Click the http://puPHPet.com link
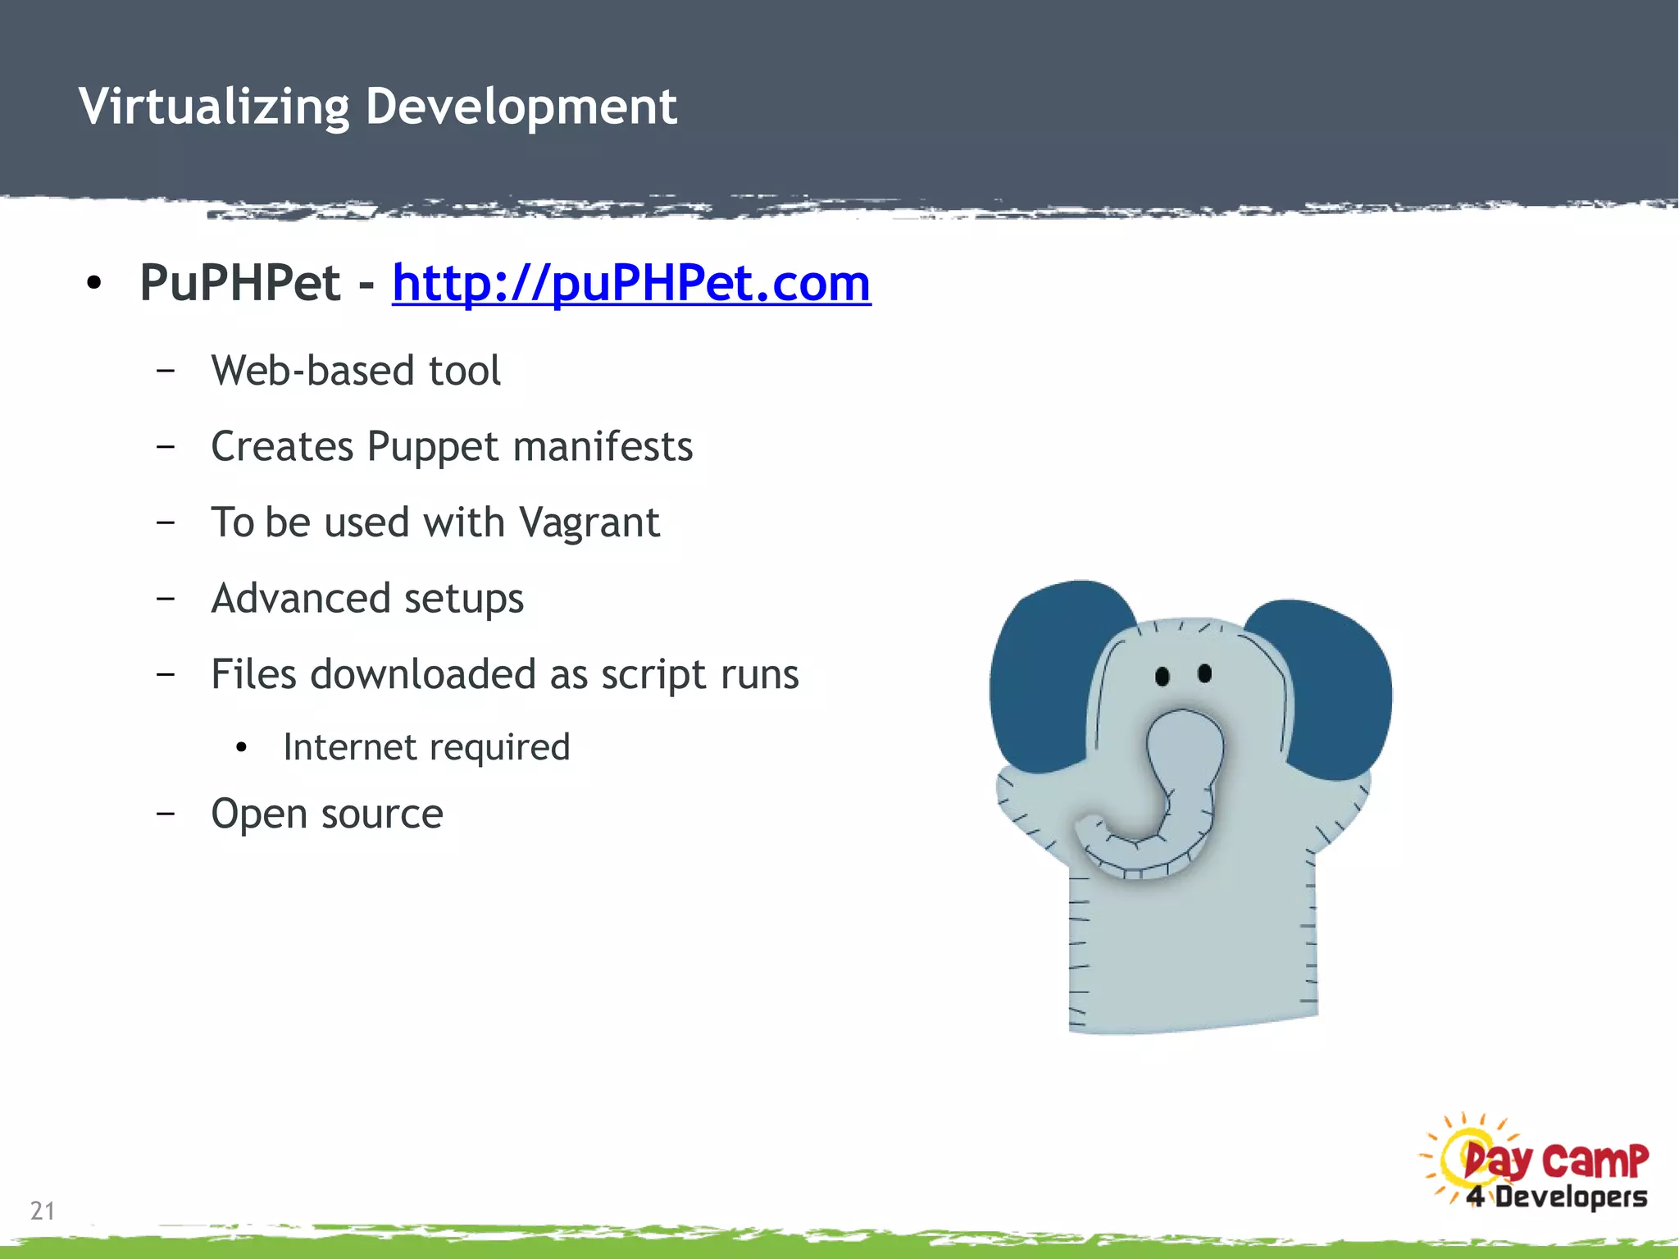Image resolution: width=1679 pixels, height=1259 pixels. [x=631, y=283]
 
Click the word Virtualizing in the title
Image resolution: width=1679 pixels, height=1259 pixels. [x=214, y=107]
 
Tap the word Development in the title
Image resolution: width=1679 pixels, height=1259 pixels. [x=521, y=107]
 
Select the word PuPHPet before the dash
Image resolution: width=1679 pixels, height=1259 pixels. [x=239, y=283]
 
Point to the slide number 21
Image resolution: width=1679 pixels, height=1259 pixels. [x=43, y=1211]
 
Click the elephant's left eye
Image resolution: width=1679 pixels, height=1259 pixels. [x=1162, y=677]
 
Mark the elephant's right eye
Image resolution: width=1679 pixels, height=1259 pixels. [x=1204, y=673]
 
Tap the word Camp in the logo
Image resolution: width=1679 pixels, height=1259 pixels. [x=1595, y=1161]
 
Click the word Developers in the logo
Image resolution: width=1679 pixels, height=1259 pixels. [x=1571, y=1197]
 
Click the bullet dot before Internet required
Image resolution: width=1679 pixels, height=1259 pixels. [x=241, y=748]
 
